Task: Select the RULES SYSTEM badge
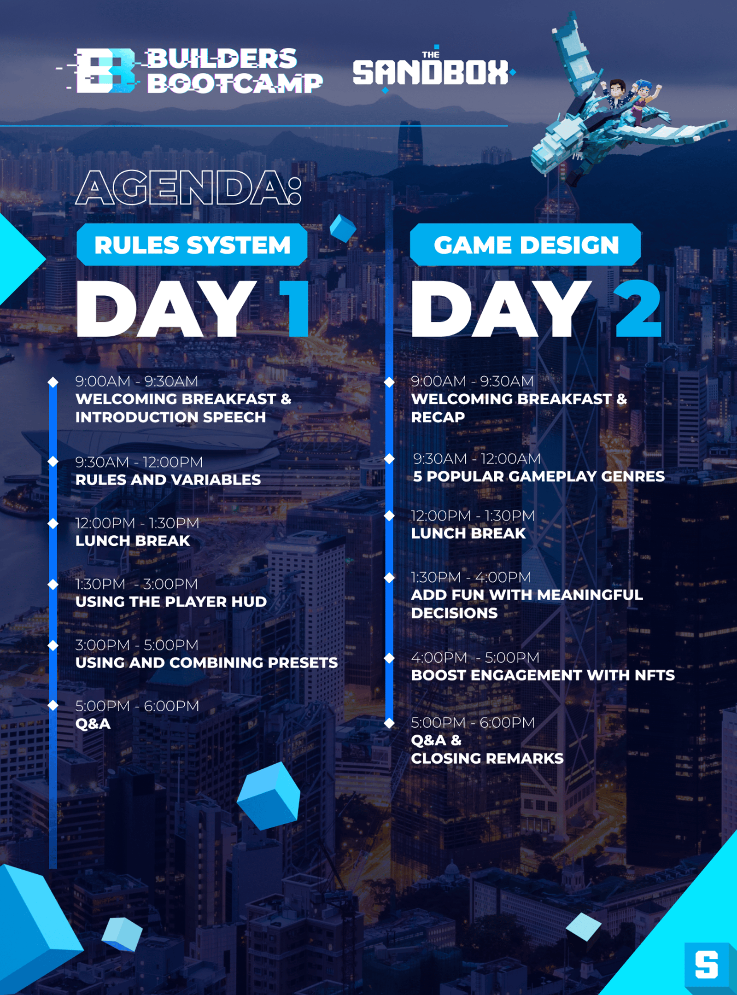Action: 192,245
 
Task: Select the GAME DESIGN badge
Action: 526,245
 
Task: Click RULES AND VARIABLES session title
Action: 168,480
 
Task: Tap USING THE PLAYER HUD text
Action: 171,602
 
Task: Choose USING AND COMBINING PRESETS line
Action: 206,662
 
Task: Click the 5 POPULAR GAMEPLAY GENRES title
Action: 538,476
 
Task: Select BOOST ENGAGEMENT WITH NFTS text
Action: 543,675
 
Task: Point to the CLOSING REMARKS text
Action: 487,758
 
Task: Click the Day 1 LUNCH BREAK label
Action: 133,541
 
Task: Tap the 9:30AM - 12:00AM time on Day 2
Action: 477,459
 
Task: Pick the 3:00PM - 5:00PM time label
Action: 137,645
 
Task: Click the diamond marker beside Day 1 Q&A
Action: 53,705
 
